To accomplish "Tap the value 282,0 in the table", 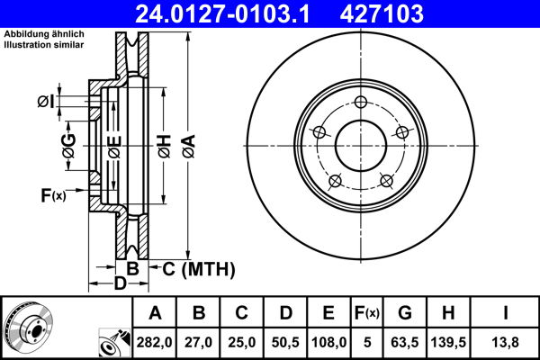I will click(156, 342).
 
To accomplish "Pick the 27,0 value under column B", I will click(200, 342).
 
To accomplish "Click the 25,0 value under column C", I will click(242, 342).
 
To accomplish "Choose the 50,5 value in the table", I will click(285, 342).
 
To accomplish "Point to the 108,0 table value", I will click(328, 342).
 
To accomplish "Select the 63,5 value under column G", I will click(406, 342).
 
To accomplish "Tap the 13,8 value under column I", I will click(507, 342).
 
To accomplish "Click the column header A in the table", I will click(156, 313).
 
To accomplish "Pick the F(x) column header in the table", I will click(367, 313).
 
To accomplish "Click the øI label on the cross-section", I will click(48, 102).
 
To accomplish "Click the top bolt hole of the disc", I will click(361, 102).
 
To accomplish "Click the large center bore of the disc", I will click(361, 144).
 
